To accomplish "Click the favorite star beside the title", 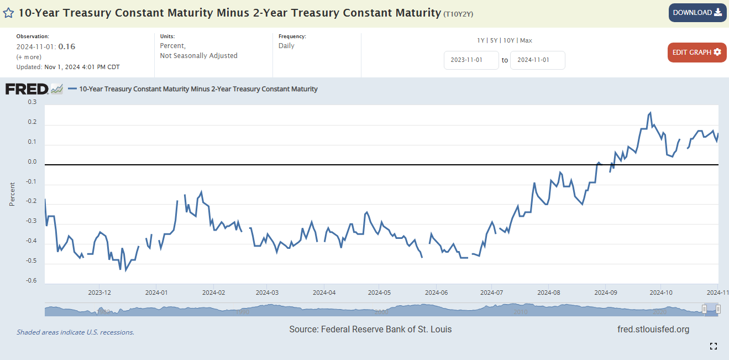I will coord(8,13).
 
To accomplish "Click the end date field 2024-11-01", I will coord(537,60).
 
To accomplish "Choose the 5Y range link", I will coord(494,40).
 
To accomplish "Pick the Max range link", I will coord(526,40).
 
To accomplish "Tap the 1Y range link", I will coord(481,40).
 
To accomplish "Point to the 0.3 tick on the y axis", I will coord(32,102).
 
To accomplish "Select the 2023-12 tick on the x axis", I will coord(99,292).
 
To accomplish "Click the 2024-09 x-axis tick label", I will coord(605,292).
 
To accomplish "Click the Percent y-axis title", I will coord(12,194).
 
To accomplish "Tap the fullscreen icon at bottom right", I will coord(713,346).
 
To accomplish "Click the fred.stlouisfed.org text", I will coord(653,330).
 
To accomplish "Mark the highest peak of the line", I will coord(650,113).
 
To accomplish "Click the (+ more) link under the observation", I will coord(29,57).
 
